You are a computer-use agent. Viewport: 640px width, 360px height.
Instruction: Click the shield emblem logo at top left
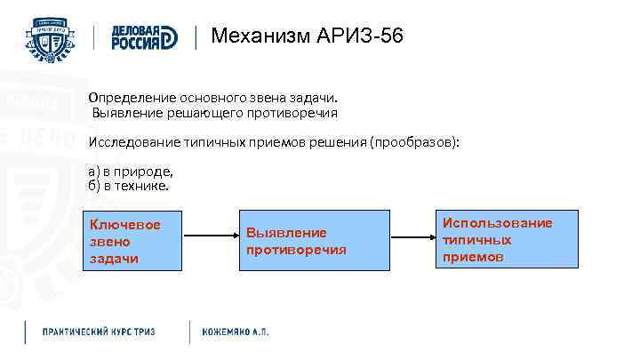[51, 39]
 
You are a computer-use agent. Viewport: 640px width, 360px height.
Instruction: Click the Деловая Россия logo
[144, 38]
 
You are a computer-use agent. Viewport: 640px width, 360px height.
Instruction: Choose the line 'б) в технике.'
[128, 187]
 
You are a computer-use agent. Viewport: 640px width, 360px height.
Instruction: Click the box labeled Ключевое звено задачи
[131, 239]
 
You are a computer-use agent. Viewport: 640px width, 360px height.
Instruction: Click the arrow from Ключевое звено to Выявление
[210, 237]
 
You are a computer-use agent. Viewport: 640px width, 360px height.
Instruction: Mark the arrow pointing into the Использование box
[415, 237]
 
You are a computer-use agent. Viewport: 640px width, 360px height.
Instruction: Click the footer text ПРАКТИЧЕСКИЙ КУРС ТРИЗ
[99, 332]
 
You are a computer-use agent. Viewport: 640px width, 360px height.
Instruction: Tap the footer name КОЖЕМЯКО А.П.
[235, 332]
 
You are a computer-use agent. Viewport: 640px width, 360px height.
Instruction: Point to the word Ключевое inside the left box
[125, 224]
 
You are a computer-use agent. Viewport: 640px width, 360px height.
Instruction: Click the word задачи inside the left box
[114, 258]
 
